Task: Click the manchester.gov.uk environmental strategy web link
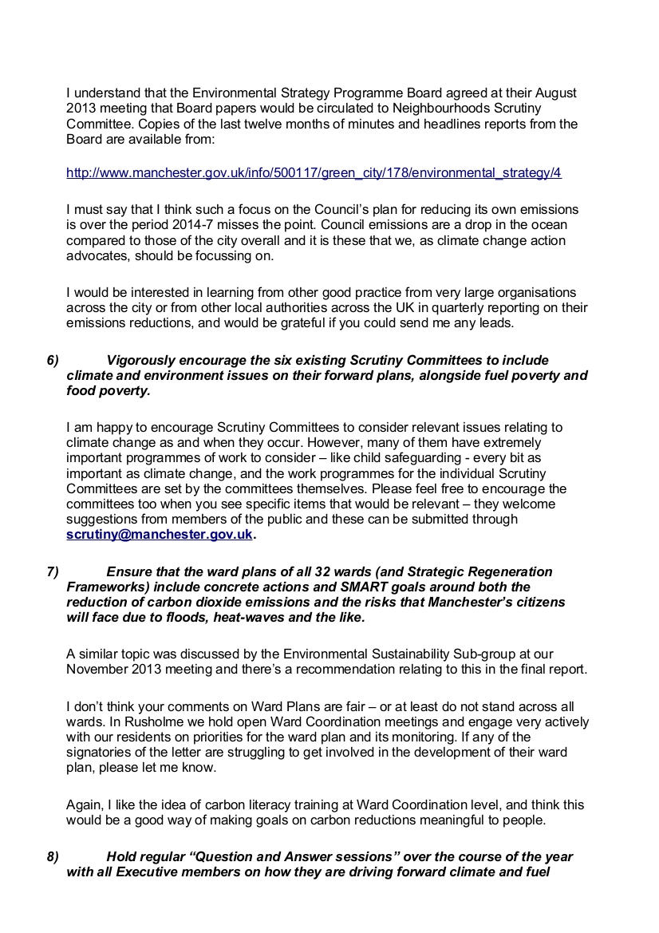(x=314, y=172)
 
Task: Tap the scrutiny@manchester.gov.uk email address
(x=159, y=535)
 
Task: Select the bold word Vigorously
(x=142, y=361)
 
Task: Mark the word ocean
(x=559, y=224)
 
